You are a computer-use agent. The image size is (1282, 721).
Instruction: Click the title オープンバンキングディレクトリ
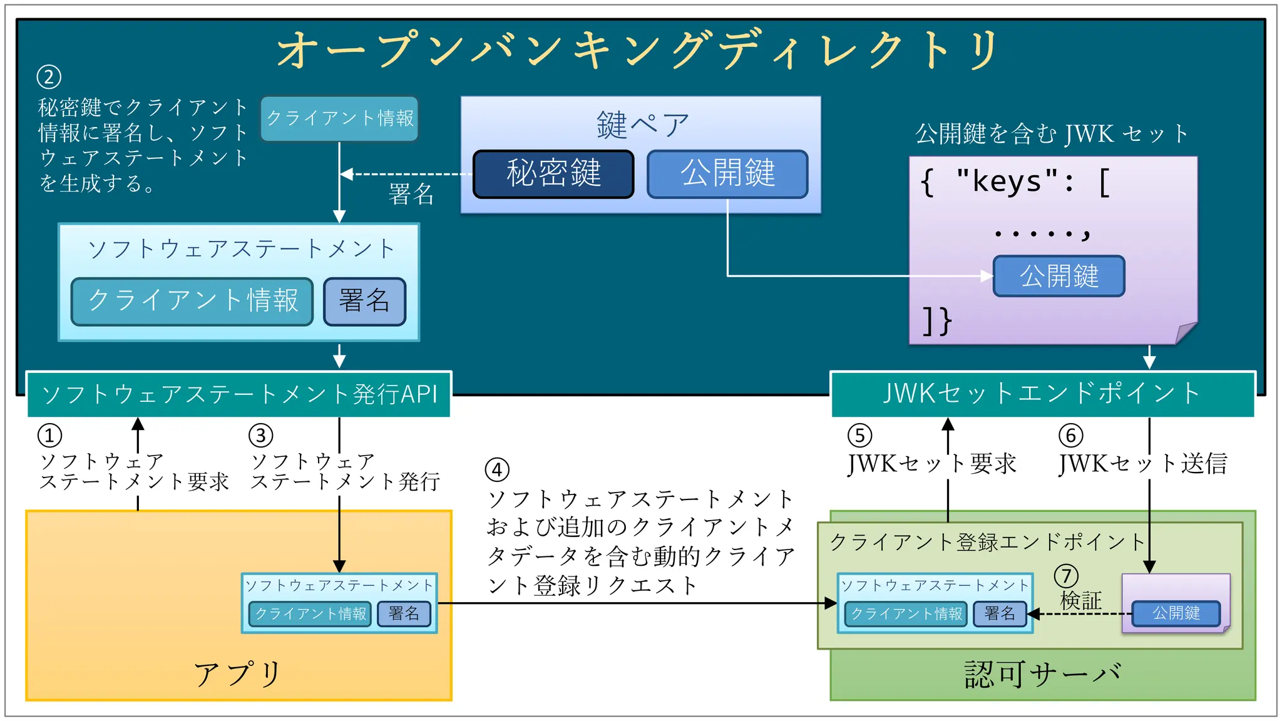tap(638, 50)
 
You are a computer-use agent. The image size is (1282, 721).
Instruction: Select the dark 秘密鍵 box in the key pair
tap(553, 174)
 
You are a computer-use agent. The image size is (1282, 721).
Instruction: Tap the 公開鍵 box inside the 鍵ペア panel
tap(727, 174)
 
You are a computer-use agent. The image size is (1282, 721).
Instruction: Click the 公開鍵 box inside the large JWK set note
tap(1059, 276)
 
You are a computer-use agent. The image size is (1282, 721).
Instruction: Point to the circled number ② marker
tap(49, 78)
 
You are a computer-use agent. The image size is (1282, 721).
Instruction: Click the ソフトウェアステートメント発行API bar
tap(239, 394)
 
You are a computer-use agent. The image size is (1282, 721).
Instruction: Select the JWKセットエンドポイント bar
tap(1042, 394)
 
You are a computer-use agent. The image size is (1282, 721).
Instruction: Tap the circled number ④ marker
tap(498, 469)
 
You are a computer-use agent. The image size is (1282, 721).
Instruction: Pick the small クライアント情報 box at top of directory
tap(339, 118)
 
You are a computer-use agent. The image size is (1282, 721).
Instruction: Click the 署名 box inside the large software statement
tap(364, 301)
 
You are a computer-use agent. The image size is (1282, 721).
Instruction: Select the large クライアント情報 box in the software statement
tap(192, 301)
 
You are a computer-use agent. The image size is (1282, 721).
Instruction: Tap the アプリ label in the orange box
tap(238, 675)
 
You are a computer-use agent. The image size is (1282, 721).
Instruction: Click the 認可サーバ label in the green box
tap(1042, 675)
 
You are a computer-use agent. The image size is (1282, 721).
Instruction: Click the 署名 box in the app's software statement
tap(404, 613)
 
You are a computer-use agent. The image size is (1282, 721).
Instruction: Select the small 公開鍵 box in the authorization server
tap(1176, 613)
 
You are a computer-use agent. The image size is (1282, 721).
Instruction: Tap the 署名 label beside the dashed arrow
tap(411, 195)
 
